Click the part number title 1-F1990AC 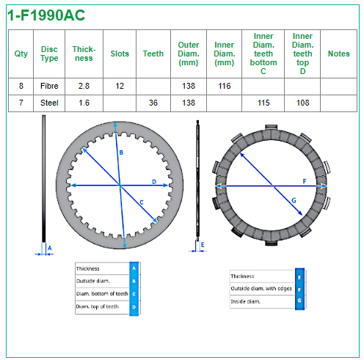(x=46, y=15)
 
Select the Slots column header (x=120, y=54)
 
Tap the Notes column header (x=338, y=54)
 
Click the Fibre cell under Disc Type (x=49, y=86)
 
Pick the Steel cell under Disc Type (x=49, y=103)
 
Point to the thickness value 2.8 (x=84, y=86)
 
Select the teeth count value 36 (x=153, y=103)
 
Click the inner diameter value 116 (x=225, y=86)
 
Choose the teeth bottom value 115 (x=263, y=103)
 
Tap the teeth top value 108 (x=302, y=103)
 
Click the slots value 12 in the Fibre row (x=120, y=86)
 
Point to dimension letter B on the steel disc (x=121, y=153)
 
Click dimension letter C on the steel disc (x=142, y=202)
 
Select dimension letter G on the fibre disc (x=294, y=201)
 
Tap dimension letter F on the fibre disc (x=305, y=181)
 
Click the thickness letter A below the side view (x=50, y=249)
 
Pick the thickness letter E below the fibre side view (x=203, y=245)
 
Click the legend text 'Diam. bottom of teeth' (x=102, y=293)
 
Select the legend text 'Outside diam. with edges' (x=261, y=289)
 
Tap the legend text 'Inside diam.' (x=245, y=301)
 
